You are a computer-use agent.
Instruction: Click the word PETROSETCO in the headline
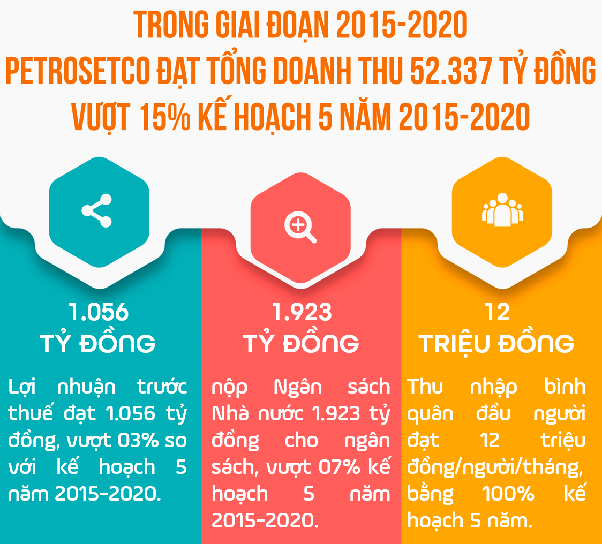pyautogui.click(x=78, y=71)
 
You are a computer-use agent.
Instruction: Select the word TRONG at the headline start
pyautogui.click(x=171, y=25)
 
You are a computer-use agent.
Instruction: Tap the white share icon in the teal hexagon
pyautogui.click(x=97, y=210)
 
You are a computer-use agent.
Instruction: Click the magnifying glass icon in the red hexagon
pyautogui.click(x=300, y=227)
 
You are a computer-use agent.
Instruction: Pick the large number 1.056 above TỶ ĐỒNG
pyautogui.click(x=99, y=312)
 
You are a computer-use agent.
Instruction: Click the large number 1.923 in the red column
pyautogui.click(x=302, y=312)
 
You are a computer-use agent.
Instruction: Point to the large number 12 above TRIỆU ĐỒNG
pyautogui.click(x=497, y=312)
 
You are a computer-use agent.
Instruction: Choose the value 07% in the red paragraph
pyautogui.click(x=339, y=467)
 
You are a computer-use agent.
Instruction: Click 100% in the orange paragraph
pyautogui.click(x=508, y=494)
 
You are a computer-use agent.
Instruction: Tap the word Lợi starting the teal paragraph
pyautogui.click(x=22, y=387)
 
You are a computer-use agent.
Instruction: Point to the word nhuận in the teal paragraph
pyautogui.click(x=86, y=387)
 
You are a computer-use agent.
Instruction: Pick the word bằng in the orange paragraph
pyautogui.click(x=430, y=494)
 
